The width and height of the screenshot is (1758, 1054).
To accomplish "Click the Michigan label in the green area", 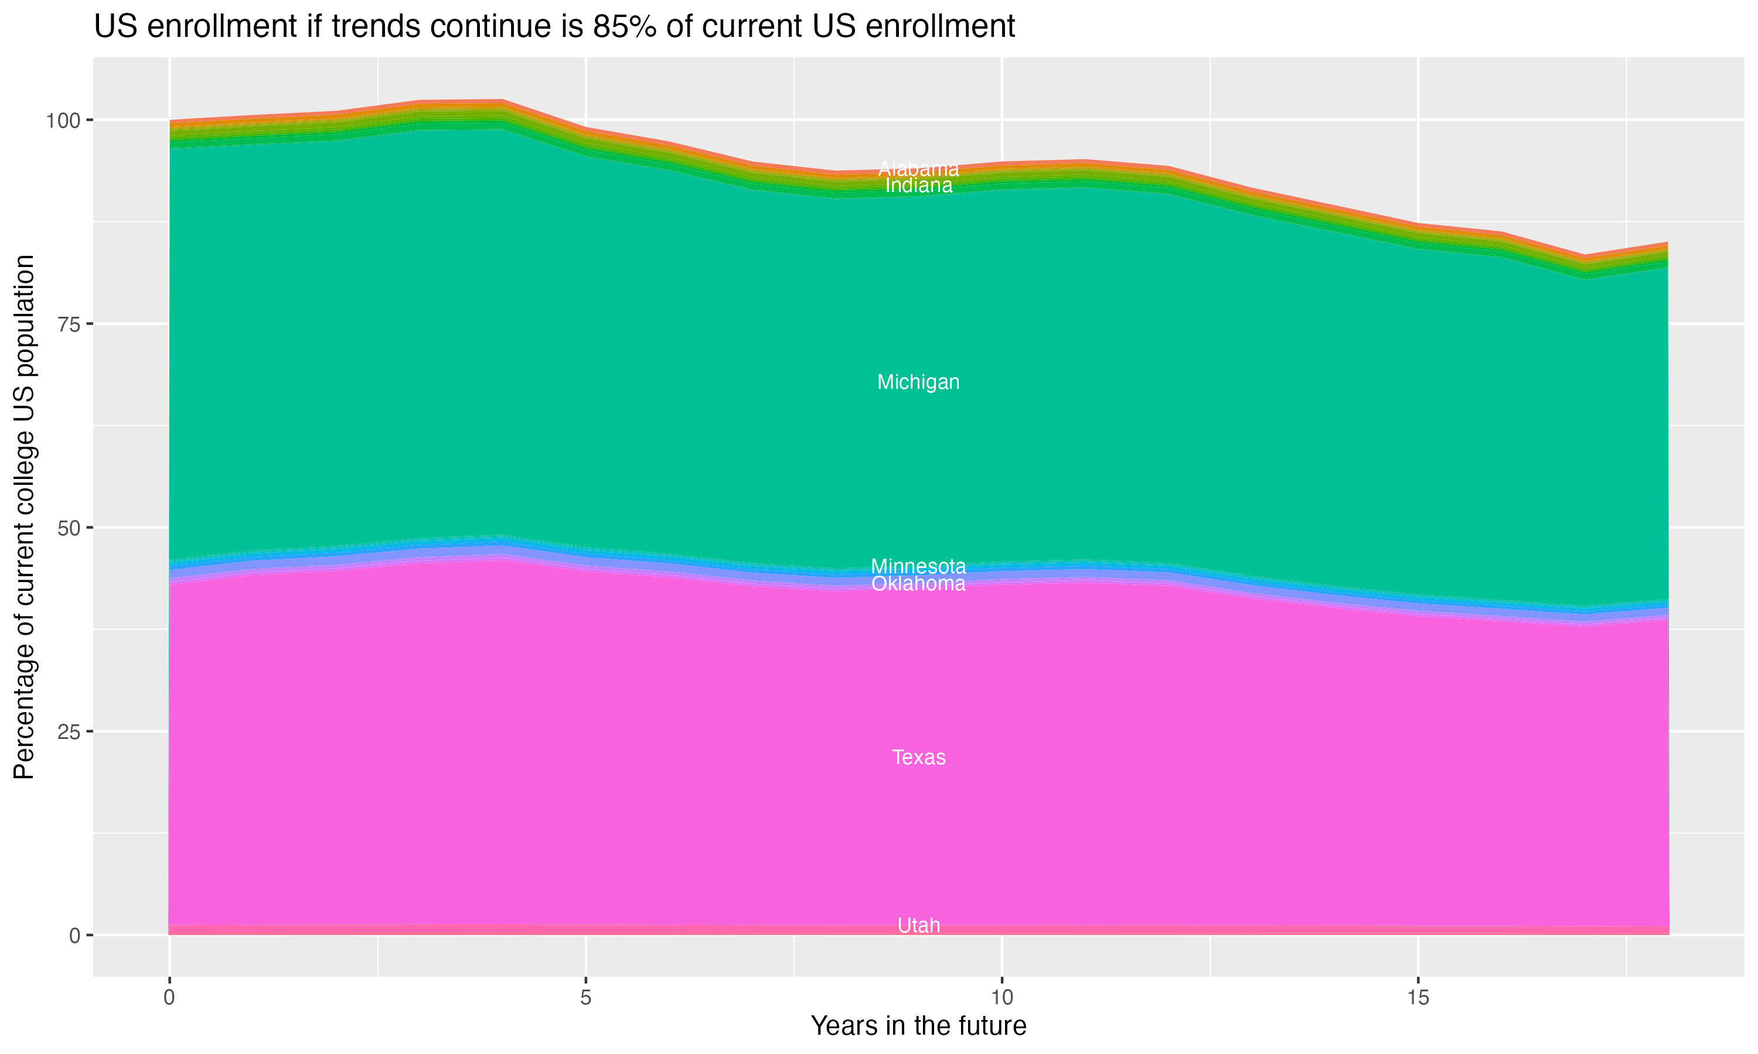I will click(918, 382).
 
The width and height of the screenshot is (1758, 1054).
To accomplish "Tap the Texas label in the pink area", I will click(918, 758).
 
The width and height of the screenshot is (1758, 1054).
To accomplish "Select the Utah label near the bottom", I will click(918, 925).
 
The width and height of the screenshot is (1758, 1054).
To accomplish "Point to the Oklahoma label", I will click(918, 584).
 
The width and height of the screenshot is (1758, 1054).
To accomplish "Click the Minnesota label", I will click(918, 566).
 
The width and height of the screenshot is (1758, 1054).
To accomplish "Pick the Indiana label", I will click(918, 186).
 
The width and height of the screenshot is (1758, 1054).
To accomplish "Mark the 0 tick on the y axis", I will click(74, 935).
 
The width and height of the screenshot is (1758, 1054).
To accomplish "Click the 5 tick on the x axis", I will click(585, 998).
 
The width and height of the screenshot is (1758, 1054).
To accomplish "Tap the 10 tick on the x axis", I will click(1001, 998).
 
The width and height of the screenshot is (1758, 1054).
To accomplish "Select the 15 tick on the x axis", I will click(1418, 998).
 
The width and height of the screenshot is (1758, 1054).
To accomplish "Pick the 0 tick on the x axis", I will click(169, 998).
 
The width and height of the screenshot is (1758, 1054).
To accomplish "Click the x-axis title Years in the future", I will click(918, 1025).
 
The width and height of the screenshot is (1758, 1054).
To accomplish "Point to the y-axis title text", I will click(24, 516).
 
